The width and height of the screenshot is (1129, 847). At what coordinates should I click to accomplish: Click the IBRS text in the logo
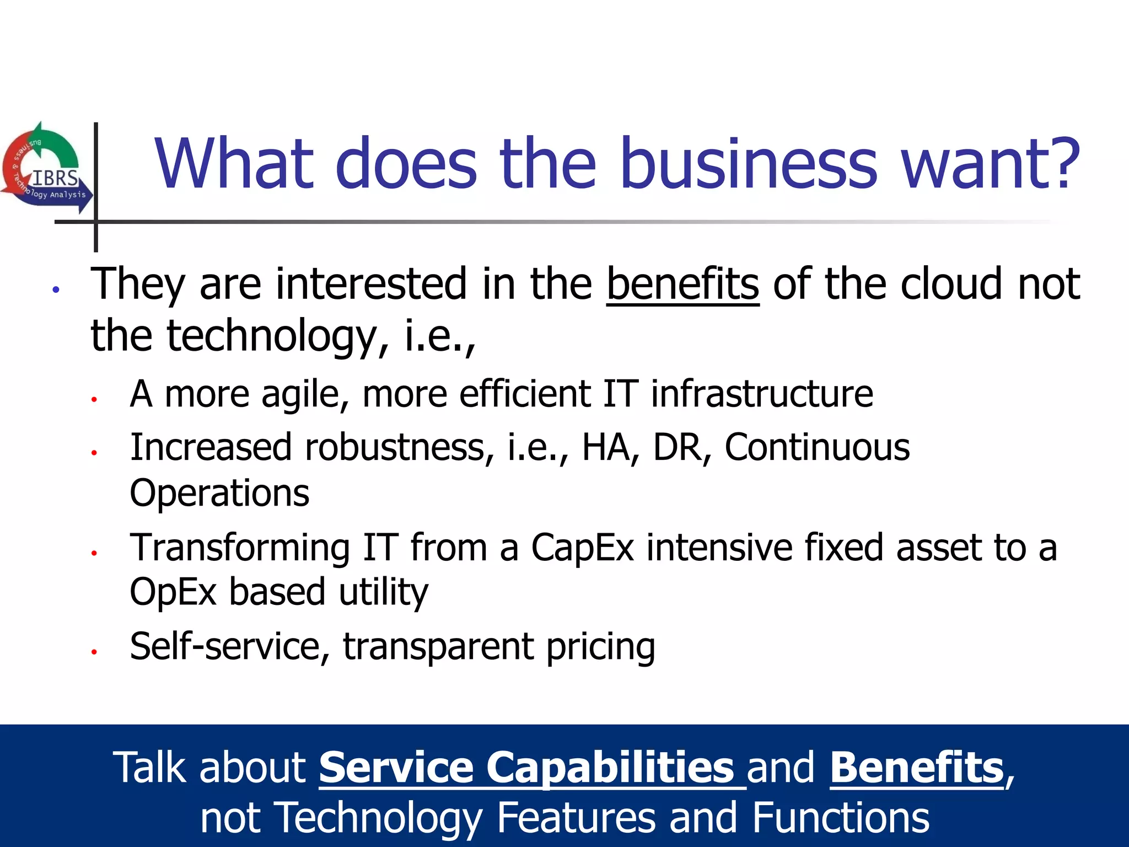(55, 179)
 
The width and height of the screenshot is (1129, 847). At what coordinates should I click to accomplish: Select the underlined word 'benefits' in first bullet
(682, 285)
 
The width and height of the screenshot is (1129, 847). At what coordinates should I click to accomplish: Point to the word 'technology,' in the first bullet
(272, 336)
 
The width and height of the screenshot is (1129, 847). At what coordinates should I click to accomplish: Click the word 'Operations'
(219, 492)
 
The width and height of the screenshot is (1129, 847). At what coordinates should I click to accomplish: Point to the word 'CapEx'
(582, 548)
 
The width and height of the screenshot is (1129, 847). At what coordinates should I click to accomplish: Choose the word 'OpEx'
(173, 592)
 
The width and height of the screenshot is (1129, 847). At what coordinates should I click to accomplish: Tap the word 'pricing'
(600, 647)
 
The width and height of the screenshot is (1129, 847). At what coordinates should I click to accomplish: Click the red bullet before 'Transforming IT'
(94, 553)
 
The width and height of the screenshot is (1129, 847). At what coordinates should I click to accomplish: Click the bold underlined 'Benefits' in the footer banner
(916, 768)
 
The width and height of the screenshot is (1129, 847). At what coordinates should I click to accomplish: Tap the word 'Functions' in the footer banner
(841, 818)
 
